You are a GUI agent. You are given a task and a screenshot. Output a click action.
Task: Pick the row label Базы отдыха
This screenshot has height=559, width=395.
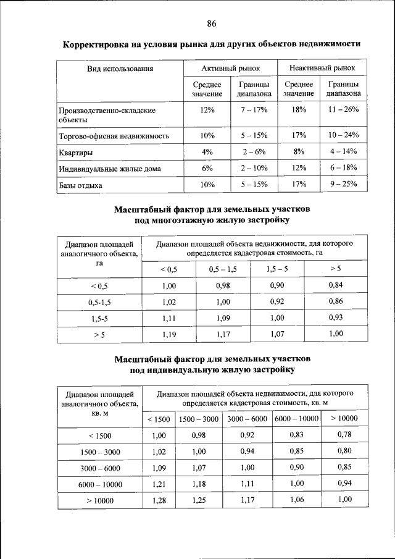point(80,185)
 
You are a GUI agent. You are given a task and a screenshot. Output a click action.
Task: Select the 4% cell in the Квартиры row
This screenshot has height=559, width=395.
point(207,151)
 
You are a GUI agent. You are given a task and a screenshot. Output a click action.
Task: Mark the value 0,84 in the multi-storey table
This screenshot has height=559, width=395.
point(336,285)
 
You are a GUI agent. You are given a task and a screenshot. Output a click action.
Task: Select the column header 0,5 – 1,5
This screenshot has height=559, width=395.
point(223,269)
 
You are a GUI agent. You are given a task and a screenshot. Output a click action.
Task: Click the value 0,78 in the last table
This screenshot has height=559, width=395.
point(344,434)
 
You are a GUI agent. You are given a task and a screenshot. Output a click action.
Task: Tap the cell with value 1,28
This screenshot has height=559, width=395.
point(159,500)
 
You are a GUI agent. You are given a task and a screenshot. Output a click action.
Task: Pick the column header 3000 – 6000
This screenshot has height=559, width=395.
point(247,419)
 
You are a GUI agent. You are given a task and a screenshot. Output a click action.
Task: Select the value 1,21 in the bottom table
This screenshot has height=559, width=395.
point(159,483)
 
